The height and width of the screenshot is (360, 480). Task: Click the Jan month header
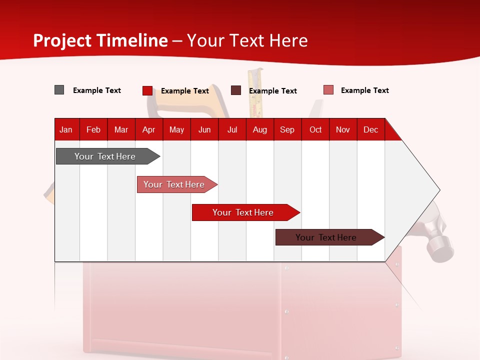coord(66,129)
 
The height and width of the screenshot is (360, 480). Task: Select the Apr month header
coord(148,129)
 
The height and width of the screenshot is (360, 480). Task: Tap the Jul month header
coord(232,129)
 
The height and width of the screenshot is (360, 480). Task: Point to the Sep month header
coord(287,129)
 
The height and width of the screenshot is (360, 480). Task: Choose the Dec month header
coord(370,129)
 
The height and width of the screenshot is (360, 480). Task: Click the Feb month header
coord(93,129)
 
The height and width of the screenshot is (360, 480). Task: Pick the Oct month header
coord(315,129)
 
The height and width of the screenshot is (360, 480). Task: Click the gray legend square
coord(59,90)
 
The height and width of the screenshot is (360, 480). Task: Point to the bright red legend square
coord(147,90)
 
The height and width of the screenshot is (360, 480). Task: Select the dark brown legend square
coord(236,90)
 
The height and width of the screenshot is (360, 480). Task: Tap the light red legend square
coord(328,90)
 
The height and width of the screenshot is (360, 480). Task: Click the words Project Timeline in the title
coord(100,40)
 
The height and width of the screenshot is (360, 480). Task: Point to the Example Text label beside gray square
coord(97,90)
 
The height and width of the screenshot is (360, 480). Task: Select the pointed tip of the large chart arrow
coord(438,190)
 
